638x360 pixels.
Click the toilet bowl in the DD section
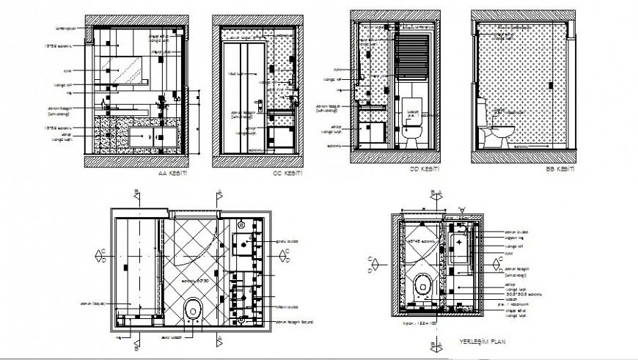click(x=411, y=133)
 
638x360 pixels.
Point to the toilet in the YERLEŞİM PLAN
click(x=424, y=285)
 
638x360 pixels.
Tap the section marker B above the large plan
click(x=136, y=194)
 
